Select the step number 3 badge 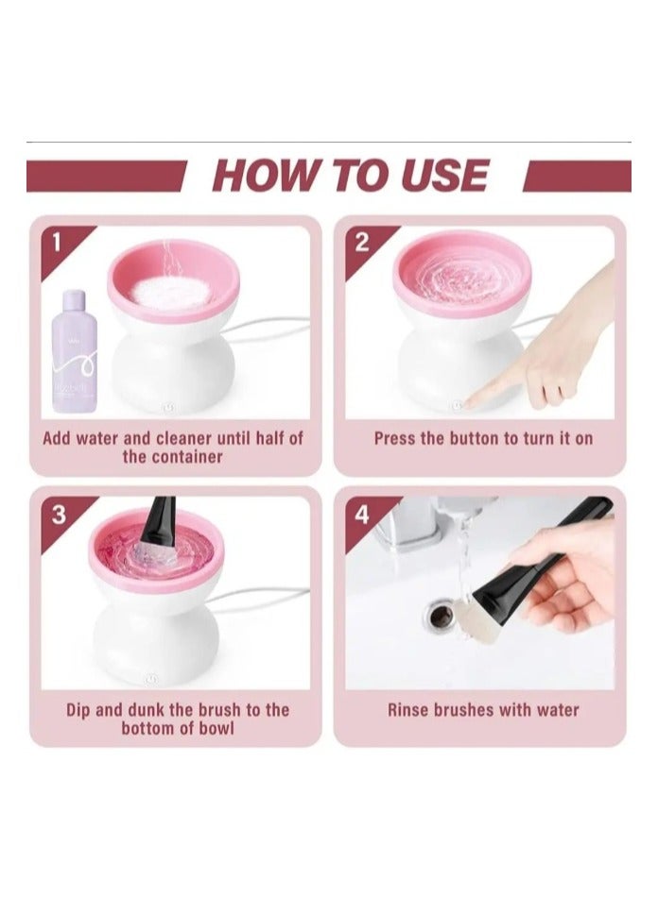click(x=59, y=515)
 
